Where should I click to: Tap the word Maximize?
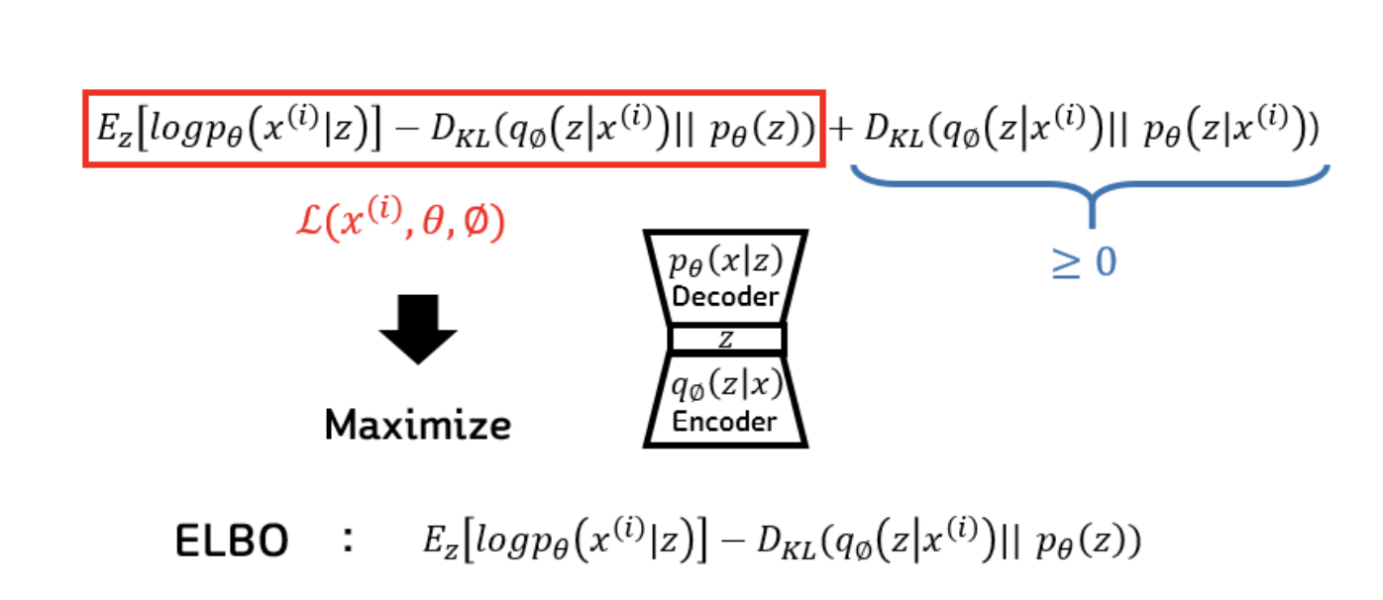pos(418,425)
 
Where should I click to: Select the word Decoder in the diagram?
pos(725,296)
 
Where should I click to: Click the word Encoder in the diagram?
pos(725,421)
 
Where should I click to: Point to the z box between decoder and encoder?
pos(726,340)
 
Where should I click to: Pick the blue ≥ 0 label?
pos(1084,262)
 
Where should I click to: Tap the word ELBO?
pos(232,541)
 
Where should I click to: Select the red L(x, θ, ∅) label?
pos(401,224)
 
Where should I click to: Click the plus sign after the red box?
pos(840,130)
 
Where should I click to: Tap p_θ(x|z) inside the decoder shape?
pos(725,264)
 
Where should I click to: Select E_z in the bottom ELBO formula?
pos(439,541)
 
